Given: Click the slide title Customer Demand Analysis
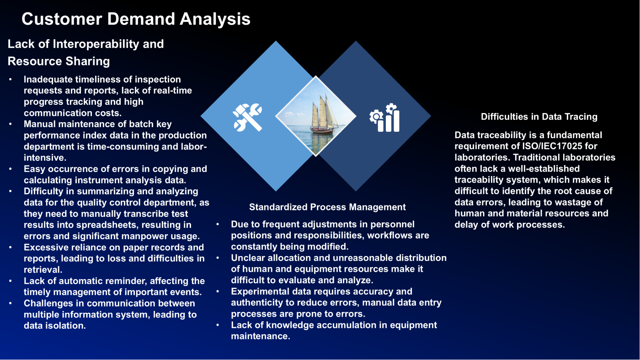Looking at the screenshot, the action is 136,19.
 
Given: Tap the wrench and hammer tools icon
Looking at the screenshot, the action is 248,117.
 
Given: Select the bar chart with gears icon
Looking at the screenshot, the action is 384,118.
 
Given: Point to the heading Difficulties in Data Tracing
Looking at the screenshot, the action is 539,117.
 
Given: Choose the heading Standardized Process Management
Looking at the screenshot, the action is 327,207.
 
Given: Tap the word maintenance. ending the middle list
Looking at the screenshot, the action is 261,336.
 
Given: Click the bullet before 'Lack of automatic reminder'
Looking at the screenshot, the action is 10,281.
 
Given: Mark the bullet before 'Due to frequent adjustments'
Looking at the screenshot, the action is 218,224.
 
